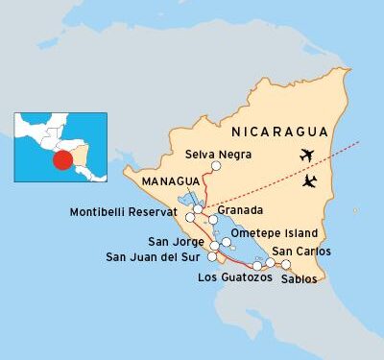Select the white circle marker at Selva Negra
pos(216,166)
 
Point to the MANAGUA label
pos(170,180)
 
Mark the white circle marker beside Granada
pos(213,220)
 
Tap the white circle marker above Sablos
pos(286,263)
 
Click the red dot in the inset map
pos(61,158)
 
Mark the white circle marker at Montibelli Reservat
pos(198,208)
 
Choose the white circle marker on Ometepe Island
pos(226,242)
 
